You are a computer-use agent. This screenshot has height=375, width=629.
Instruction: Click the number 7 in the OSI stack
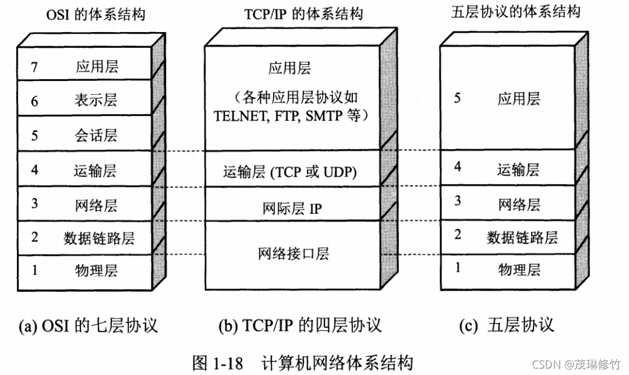click(x=34, y=67)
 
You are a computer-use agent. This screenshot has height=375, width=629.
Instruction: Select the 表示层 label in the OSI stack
click(x=96, y=100)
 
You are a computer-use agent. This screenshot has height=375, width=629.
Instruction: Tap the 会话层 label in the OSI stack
click(x=96, y=136)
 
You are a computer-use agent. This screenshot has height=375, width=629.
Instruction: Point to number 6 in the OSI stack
click(x=34, y=101)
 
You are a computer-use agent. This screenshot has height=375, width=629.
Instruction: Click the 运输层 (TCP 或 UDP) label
click(x=289, y=172)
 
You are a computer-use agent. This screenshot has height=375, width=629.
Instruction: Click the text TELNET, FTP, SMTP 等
click(x=289, y=115)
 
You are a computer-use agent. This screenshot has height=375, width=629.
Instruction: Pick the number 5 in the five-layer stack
click(x=457, y=97)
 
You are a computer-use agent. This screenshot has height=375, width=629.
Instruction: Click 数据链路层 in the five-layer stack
click(x=522, y=237)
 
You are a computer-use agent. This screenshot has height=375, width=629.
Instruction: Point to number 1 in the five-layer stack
click(x=457, y=268)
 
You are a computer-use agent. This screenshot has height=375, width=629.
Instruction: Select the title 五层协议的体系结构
click(x=515, y=12)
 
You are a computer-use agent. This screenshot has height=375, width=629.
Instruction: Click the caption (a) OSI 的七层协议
click(x=89, y=325)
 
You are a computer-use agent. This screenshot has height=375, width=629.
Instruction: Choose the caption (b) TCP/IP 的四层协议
click(x=300, y=325)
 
